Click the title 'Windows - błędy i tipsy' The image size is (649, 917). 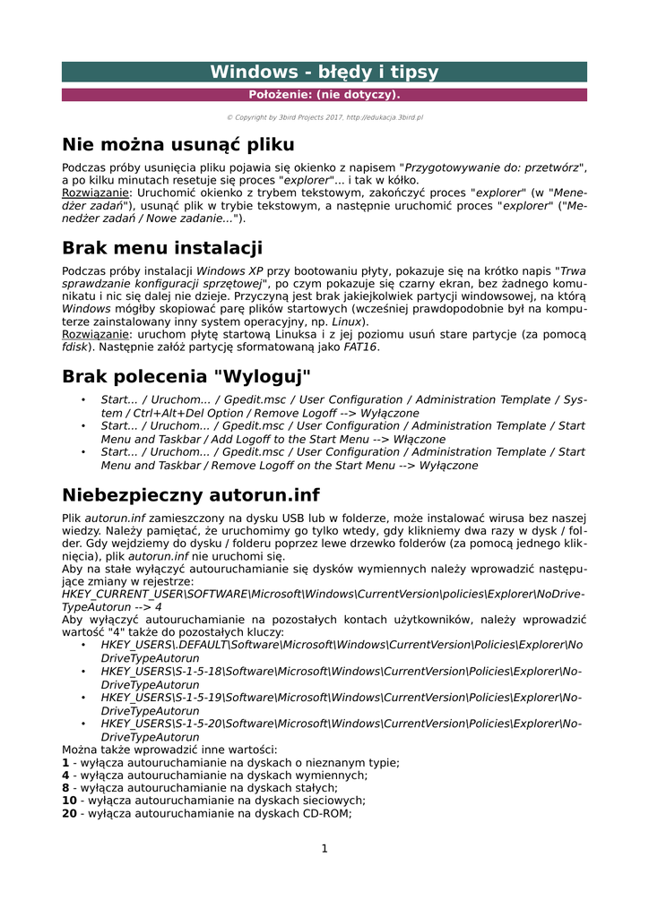click(324, 73)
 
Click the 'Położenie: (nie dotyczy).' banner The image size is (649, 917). click(324, 95)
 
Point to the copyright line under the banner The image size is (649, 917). click(324, 117)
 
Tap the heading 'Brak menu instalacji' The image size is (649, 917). click(161, 248)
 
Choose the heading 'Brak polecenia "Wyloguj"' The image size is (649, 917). click(186, 377)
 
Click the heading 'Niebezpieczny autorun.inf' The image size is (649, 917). click(190, 495)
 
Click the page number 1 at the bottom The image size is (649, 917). click(324, 849)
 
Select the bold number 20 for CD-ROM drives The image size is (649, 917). click(69, 814)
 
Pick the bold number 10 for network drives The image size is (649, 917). click(69, 801)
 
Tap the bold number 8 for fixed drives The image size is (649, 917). click(65, 788)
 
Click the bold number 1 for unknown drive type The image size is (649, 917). click(65, 763)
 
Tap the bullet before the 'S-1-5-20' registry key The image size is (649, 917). click(83, 723)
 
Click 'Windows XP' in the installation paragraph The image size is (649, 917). click(229, 270)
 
